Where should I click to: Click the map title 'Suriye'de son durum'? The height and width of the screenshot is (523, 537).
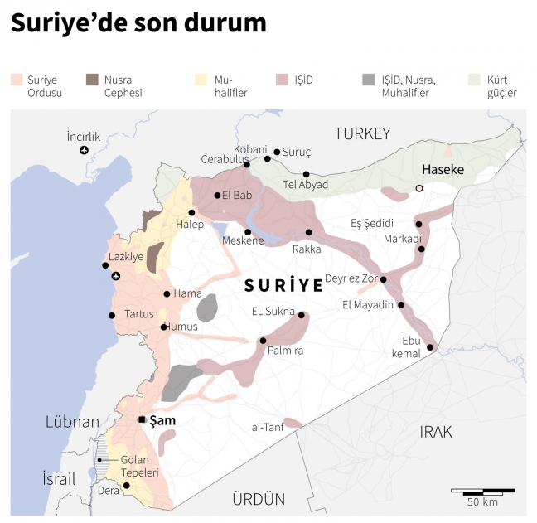click(x=138, y=24)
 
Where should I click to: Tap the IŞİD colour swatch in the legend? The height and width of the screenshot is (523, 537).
click(x=282, y=80)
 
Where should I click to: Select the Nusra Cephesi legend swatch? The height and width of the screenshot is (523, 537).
click(x=92, y=80)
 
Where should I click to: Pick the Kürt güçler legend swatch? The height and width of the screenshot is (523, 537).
click(x=474, y=80)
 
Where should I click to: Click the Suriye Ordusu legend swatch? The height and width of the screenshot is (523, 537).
click(x=17, y=80)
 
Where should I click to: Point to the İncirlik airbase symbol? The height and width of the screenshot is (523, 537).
click(x=84, y=150)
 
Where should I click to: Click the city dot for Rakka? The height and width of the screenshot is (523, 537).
click(x=309, y=233)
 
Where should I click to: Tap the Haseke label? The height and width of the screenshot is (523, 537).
click(x=443, y=170)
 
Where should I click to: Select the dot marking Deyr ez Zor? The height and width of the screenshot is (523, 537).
click(x=383, y=279)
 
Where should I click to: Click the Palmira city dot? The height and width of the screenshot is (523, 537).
click(x=263, y=341)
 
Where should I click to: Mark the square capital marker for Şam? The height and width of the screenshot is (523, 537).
click(x=142, y=419)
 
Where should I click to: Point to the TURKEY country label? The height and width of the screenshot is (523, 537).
click(x=361, y=133)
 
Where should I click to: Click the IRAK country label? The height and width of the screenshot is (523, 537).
click(x=436, y=432)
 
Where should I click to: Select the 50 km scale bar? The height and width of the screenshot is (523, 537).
click(x=482, y=491)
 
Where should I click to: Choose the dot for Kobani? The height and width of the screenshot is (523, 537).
click(x=268, y=158)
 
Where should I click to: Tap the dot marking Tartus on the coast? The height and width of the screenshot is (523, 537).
click(x=111, y=315)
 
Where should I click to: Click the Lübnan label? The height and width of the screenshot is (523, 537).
click(x=72, y=422)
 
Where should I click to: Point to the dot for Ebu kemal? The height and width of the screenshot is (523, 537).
click(x=430, y=347)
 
